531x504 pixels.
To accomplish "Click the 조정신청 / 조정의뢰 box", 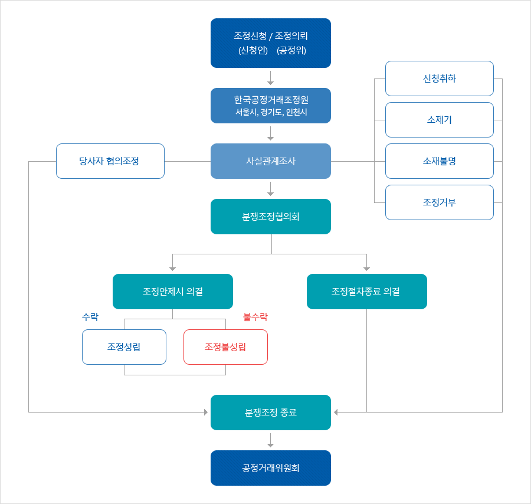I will coord(270,42).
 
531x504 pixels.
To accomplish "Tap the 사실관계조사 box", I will coord(270,161).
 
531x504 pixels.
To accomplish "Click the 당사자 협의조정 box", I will coord(110,161).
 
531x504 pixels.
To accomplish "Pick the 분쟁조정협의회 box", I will coord(270,217).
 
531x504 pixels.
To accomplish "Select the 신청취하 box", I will coord(439,78).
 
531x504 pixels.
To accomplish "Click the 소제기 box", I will coord(439,119).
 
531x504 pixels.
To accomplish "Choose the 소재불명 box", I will coord(439,161).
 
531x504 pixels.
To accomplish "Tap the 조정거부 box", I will coord(439,202).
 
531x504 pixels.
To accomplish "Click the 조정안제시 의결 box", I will coord(172,292).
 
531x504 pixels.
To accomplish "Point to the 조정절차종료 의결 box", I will coord(366,292).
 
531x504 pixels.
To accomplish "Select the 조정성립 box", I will coord(124,347).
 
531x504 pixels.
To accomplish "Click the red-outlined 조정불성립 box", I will coord(225,347).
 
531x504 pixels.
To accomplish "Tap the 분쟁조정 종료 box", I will coord(270,413).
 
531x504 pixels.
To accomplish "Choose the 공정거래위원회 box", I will coord(270,468).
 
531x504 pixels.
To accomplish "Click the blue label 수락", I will coord(90,317).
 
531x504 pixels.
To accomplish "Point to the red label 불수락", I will coord(255,317).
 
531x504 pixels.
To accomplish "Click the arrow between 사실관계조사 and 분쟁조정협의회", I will coord(270,189).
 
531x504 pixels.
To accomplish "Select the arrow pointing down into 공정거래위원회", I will coord(270,440).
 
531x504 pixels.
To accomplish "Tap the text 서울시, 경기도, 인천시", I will coord(270,112).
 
